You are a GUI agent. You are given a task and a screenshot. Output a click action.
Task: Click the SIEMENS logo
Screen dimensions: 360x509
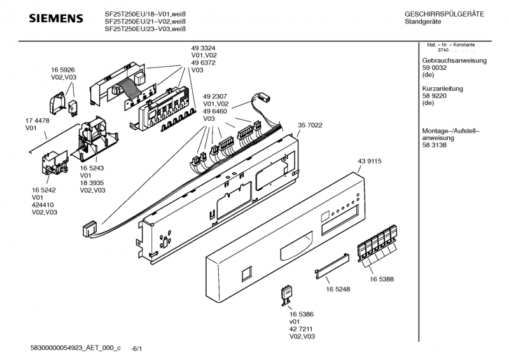(x=56, y=18)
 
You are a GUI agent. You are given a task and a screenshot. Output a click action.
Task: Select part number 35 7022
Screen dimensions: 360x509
(x=310, y=125)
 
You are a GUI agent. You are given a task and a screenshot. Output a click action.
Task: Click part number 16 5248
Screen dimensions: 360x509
(x=338, y=289)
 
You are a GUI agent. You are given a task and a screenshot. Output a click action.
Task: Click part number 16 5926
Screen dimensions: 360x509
(x=63, y=69)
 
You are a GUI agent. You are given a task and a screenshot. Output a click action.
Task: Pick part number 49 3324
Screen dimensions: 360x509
(x=204, y=47)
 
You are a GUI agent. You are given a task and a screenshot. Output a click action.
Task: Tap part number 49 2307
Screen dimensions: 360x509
(x=215, y=95)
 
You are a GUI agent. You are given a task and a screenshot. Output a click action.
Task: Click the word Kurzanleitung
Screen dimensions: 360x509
(x=442, y=88)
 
